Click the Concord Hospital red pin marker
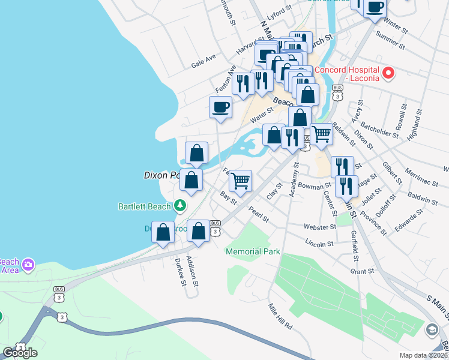click(x=388, y=74)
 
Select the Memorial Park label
click(x=253, y=252)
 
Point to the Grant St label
click(x=362, y=271)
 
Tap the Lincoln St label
click(x=319, y=244)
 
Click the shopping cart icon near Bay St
click(x=240, y=180)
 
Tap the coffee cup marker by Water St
click(x=220, y=107)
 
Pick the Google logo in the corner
click(x=20, y=353)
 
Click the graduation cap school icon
click(x=432, y=329)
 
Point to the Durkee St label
click(x=178, y=272)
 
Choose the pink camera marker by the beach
click(x=28, y=264)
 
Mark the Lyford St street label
click(x=279, y=13)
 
